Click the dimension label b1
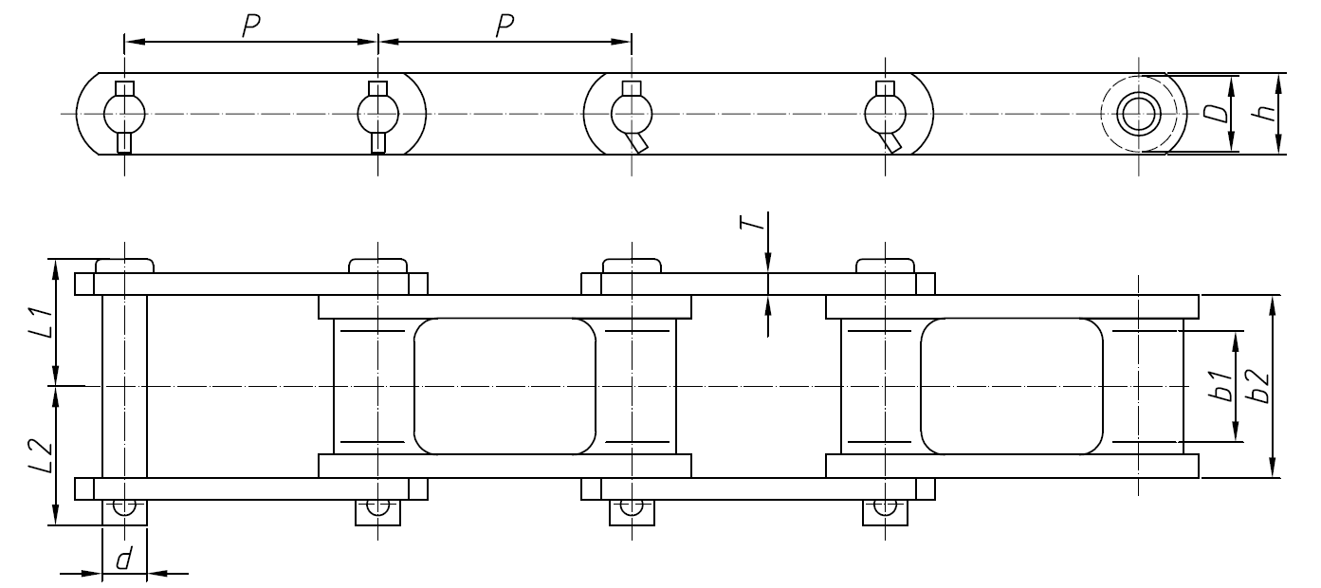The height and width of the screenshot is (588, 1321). point(1223,387)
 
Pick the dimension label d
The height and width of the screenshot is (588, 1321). point(124,560)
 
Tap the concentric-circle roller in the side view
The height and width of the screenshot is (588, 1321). point(1138,114)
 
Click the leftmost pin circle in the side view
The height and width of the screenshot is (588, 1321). point(124,115)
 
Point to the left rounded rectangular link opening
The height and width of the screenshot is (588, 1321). point(505,386)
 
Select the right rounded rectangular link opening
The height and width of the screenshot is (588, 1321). point(1012,386)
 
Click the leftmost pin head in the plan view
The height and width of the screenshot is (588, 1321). point(124,266)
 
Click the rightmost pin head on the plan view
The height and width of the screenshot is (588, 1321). point(885,266)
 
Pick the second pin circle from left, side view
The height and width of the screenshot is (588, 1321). point(377,115)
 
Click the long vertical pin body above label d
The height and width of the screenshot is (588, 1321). point(124,387)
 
